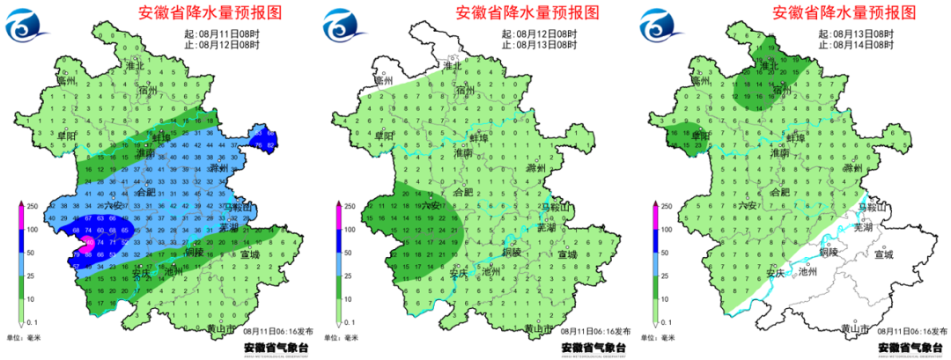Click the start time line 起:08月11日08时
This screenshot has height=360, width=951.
pyautogui.click(x=222, y=33)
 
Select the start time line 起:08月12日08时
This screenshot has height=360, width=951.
pyautogui.click(x=539, y=33)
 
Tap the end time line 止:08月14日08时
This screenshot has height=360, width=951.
pyautogui.click(x=856, y=44)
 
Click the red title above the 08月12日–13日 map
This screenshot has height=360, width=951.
pyautogui.click(x=527, y=13)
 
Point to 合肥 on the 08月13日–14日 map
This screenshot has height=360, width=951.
pyautogui.click(x=780, y=192)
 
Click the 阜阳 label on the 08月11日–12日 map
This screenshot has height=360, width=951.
pyautogui.click(x=66, y=136)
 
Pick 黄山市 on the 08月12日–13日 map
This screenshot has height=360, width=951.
pyautogui.click(x=537, y=329)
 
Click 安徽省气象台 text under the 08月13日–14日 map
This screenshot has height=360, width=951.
pyautogui.click(x=910, y=349)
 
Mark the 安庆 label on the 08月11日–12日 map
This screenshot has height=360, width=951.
pyautogui.click(x=140, y=272)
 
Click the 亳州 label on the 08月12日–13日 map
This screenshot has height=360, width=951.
pyautogui.click(x=382, y=80)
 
